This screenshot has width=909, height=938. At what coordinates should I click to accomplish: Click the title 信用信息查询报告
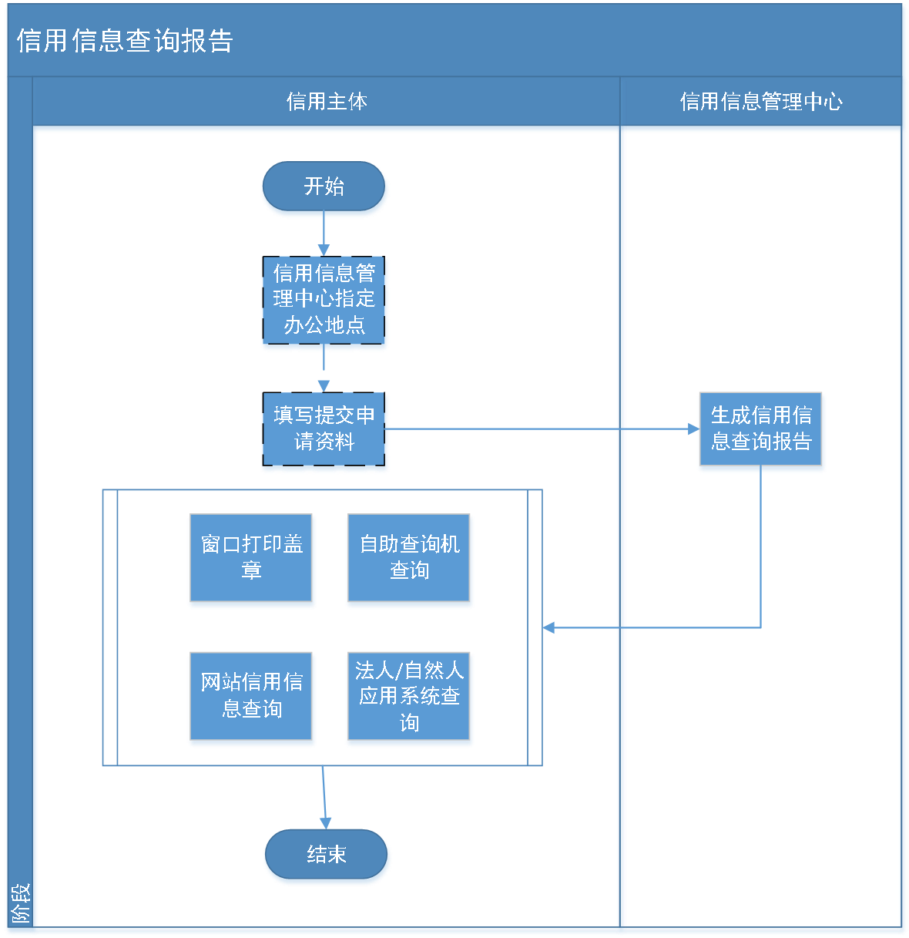125,41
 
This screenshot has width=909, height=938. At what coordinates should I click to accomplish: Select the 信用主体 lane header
327,102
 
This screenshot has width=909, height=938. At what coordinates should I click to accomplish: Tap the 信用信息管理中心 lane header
761,102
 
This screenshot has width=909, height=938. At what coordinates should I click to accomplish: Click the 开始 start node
324,187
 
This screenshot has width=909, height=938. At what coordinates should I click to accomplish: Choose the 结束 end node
327,855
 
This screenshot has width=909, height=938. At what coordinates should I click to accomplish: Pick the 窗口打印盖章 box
252,560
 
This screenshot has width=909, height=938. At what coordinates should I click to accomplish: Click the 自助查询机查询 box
409,560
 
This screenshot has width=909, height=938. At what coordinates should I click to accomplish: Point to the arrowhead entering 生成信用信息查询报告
693,429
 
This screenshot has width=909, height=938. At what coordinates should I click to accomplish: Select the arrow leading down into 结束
324,798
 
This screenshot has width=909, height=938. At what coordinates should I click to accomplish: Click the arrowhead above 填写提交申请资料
324,385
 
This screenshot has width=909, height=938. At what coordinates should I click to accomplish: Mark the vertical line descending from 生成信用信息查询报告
761,547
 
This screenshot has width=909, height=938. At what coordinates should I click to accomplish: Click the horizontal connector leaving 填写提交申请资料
539,429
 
